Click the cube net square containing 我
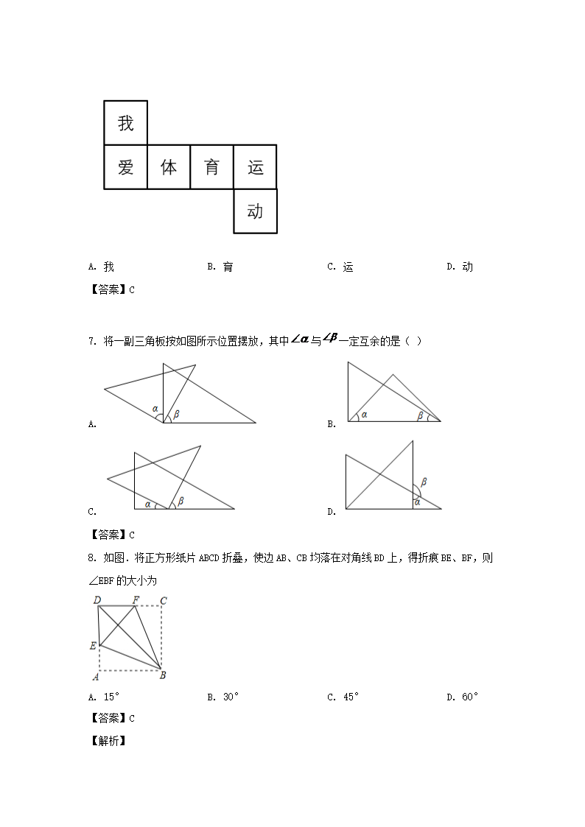point(126,123)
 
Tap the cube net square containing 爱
point(126,167)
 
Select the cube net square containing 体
point(169,167)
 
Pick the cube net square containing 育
point(212,167)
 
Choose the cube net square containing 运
point(255,167)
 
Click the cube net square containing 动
point(255,211)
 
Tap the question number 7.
point(91,341)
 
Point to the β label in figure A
point(176,415)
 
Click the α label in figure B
point(364,415)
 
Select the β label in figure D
point(424,482)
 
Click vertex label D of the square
point(97,600)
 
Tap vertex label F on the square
point(136,600)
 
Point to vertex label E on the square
point(93,646)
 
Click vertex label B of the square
point(163,675)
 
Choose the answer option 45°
point(343,697)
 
